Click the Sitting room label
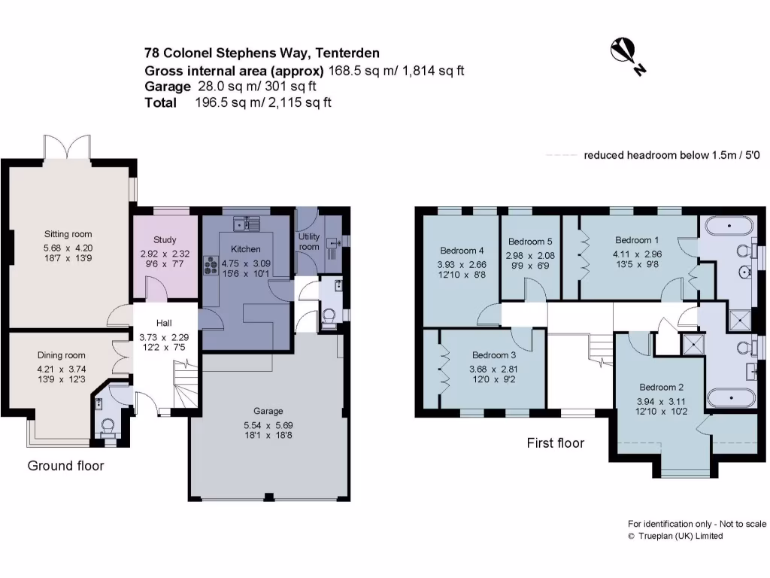point(66,234)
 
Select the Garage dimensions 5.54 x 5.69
point(268,425)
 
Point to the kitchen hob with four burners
point(208,266)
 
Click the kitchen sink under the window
point(246,224)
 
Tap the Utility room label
point(309,242)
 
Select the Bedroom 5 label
point(530,242)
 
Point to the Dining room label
point(62,355)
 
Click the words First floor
point(555,443)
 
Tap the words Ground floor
point(65,466)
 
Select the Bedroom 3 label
point(494,355)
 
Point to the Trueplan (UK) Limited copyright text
point(675,536)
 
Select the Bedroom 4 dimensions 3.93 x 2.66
point(462,264)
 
